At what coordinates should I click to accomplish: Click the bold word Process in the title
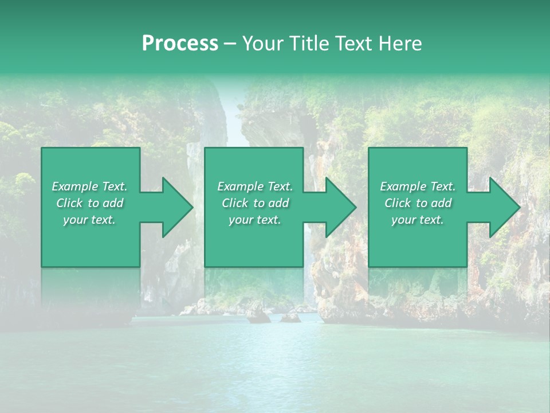180,44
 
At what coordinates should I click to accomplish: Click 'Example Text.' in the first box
89,186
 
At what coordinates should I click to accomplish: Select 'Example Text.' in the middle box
254,186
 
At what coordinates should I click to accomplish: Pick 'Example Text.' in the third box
418,186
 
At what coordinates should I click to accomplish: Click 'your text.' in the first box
89,220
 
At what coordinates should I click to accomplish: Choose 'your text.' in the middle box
254,220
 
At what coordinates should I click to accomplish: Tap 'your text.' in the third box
418,220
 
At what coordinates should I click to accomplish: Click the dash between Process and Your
230,44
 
